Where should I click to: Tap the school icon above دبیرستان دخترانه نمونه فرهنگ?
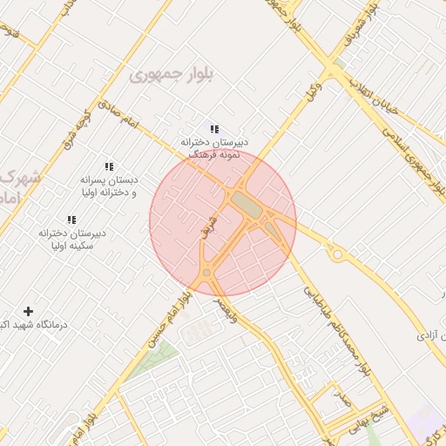(x=215, y=129)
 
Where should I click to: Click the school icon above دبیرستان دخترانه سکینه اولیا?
(x=71, y=221)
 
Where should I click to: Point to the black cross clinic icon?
(x=29, y=311)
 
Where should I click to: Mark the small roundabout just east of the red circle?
(x=337, y=254)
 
